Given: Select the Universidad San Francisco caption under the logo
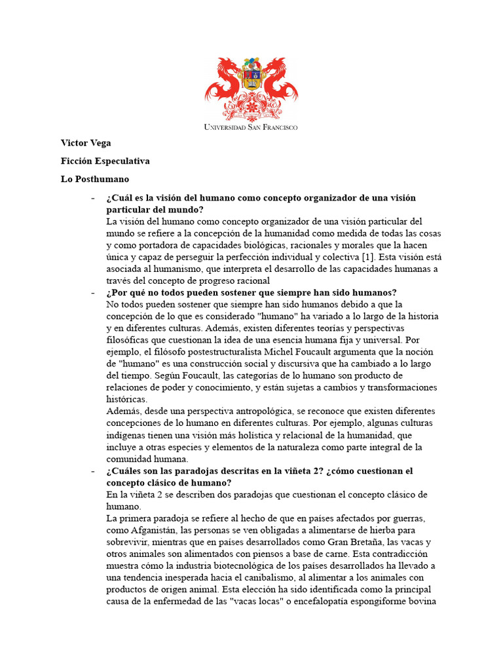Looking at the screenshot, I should pyautogui.click(x=251, y=126).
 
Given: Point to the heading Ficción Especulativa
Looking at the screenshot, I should pyautogui.click(x=105, y=161).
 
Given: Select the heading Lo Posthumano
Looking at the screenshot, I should pyautogui.click(x=95, y=178).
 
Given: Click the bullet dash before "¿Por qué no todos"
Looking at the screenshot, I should pyautogui.click(x=93, y=292).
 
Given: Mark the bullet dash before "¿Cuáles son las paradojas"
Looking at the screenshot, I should pyautogui.click(x=93, y=470).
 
